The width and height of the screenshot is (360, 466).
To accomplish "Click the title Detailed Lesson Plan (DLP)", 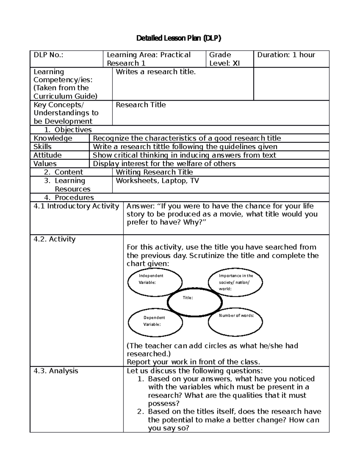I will pos(179,38).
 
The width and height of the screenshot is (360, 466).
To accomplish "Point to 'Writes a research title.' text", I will pos(156,72).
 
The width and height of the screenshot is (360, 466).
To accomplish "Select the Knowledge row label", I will pos(53,138).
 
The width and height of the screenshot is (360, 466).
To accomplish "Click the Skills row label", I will pos(43,146).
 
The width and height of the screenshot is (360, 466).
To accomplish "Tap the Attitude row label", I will pos(47,155).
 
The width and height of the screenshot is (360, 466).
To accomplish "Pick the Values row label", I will pos(45,164).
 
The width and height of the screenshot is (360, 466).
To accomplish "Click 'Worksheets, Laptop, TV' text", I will pos(157,181).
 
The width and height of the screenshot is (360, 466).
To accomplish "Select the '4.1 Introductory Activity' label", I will pos(76,206).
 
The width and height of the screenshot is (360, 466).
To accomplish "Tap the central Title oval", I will pos(195,302).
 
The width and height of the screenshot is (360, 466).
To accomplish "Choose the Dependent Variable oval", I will pos(155,323).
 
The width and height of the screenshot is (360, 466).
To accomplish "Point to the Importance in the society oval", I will pos(235,282).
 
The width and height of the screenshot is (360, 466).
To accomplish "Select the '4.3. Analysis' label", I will pos(56,371).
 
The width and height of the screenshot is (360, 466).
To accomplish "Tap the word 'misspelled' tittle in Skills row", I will pos(164,147).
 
